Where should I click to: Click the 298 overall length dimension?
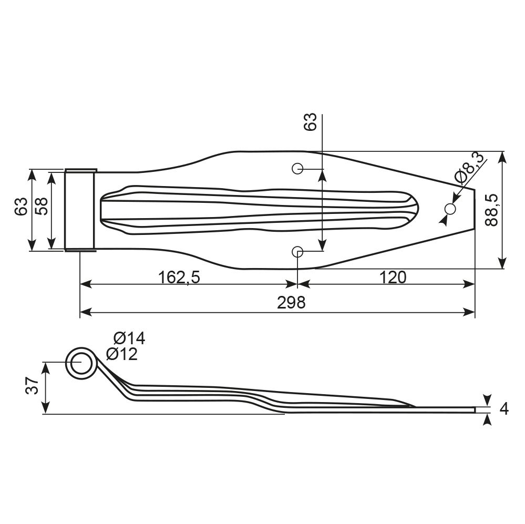click(291, 303)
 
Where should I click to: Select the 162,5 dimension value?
click(179, 277)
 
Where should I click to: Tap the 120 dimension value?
click(393, 277)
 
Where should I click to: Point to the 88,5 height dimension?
click(491, 210)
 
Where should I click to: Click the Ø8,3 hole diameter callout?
click(470, 168)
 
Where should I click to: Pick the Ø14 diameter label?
click(129, 338)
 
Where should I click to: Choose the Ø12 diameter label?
click(122, 354)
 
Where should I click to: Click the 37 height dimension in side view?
click(33, 385)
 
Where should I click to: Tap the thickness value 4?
click(504, 409)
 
